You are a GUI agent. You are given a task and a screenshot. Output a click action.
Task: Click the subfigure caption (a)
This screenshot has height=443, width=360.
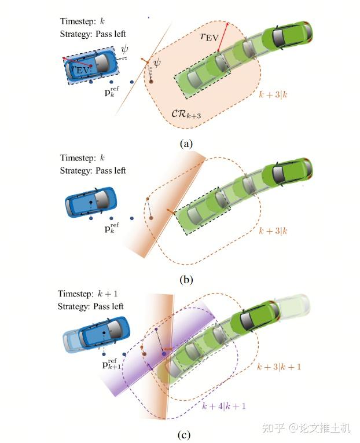coord(186,144)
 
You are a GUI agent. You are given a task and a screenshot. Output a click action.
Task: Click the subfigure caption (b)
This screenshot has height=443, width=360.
coord(186,280)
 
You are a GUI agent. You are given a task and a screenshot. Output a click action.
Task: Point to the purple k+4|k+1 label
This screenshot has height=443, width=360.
coord(222,406)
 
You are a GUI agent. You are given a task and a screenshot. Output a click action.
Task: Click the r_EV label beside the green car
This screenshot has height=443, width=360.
coord(210,37)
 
